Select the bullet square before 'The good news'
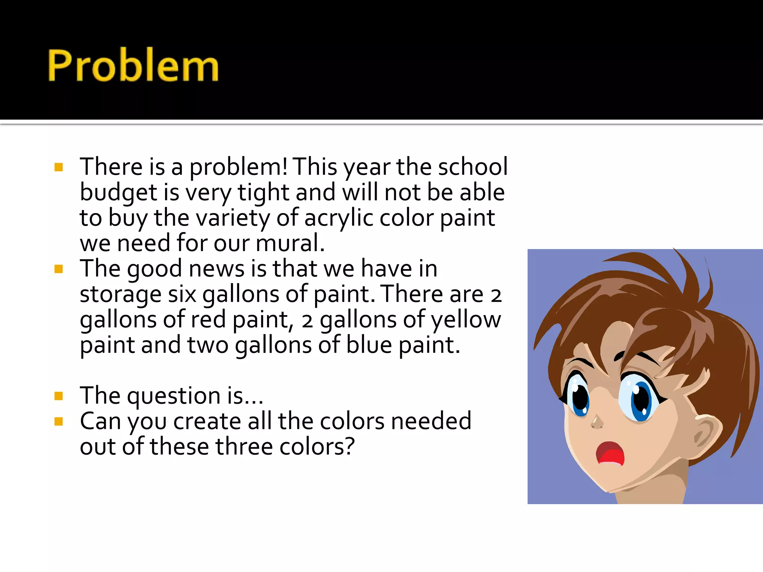(x=58, y=269)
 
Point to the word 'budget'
(x=118, y=193)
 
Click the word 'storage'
(x=120, y=295)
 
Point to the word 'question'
(x=174, y=396)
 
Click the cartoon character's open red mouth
(x=610, y=454)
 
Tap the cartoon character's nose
(x=597, y=422)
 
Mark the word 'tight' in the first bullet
(x=263, y=193)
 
